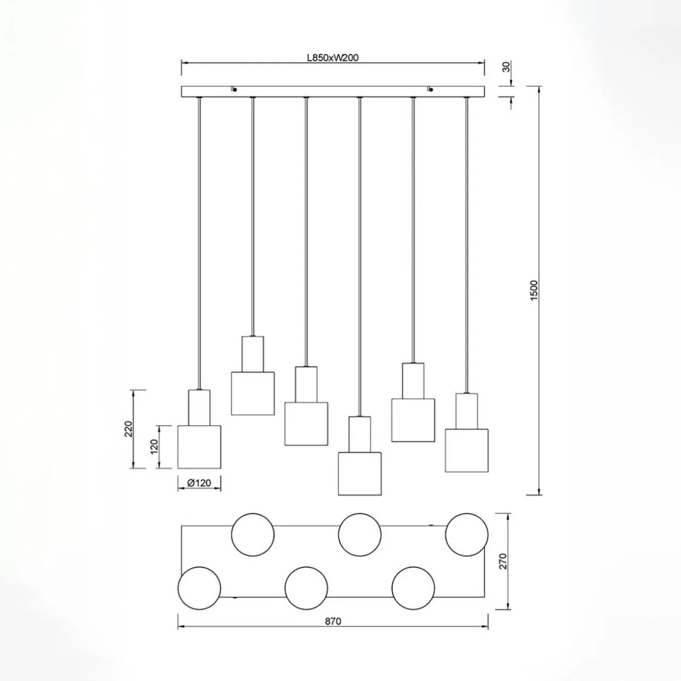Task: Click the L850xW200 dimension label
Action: point(333,57)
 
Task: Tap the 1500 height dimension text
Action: point(535,290)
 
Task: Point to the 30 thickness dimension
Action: point(506,67)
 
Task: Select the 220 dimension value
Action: point(128,428)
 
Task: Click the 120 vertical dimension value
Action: point(154,446)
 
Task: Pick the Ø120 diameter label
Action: point(199,483)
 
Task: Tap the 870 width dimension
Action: point(333,621)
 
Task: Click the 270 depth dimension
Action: point(503,561)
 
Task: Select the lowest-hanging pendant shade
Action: point(360,473)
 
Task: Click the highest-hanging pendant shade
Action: point(253,393)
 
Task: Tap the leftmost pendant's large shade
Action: point(199,447)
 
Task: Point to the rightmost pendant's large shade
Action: point(466,450)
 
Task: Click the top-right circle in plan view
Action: point(466,534)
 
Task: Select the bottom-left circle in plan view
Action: point(199,587)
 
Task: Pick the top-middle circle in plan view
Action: point(360,534)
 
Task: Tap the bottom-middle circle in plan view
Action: point(306,587)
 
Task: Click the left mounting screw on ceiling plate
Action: point(234,89)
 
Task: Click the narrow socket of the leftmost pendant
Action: point(199,408)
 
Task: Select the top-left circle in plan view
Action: point(253,534)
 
